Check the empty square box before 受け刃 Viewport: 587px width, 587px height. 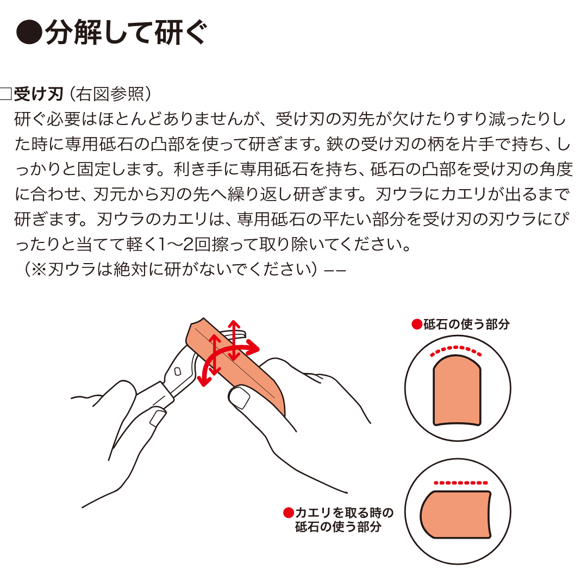[x=6, y=94]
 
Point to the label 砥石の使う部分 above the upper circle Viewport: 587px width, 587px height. [x=466, y=324]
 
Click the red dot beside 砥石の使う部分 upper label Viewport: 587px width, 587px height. [x=416, y=324]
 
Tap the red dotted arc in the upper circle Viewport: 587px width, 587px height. [x=456, y=349]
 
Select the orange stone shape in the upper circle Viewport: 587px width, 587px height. [x=457, y=391]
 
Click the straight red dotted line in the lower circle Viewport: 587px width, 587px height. [x=461, y=482]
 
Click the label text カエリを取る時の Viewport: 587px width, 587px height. [x=344, y=513]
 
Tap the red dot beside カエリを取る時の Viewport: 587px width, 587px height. [x=289, y=513]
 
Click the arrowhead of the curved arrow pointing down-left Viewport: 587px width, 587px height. [x=204, y=380]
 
